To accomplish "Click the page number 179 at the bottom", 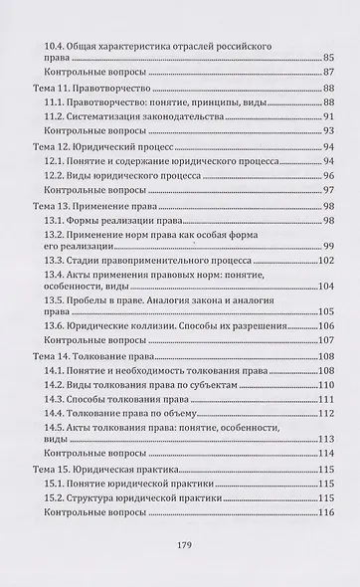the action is (x=181, y=543).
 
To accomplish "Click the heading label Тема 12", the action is (x=50, y=146).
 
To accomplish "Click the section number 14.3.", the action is (x=58, y=396).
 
